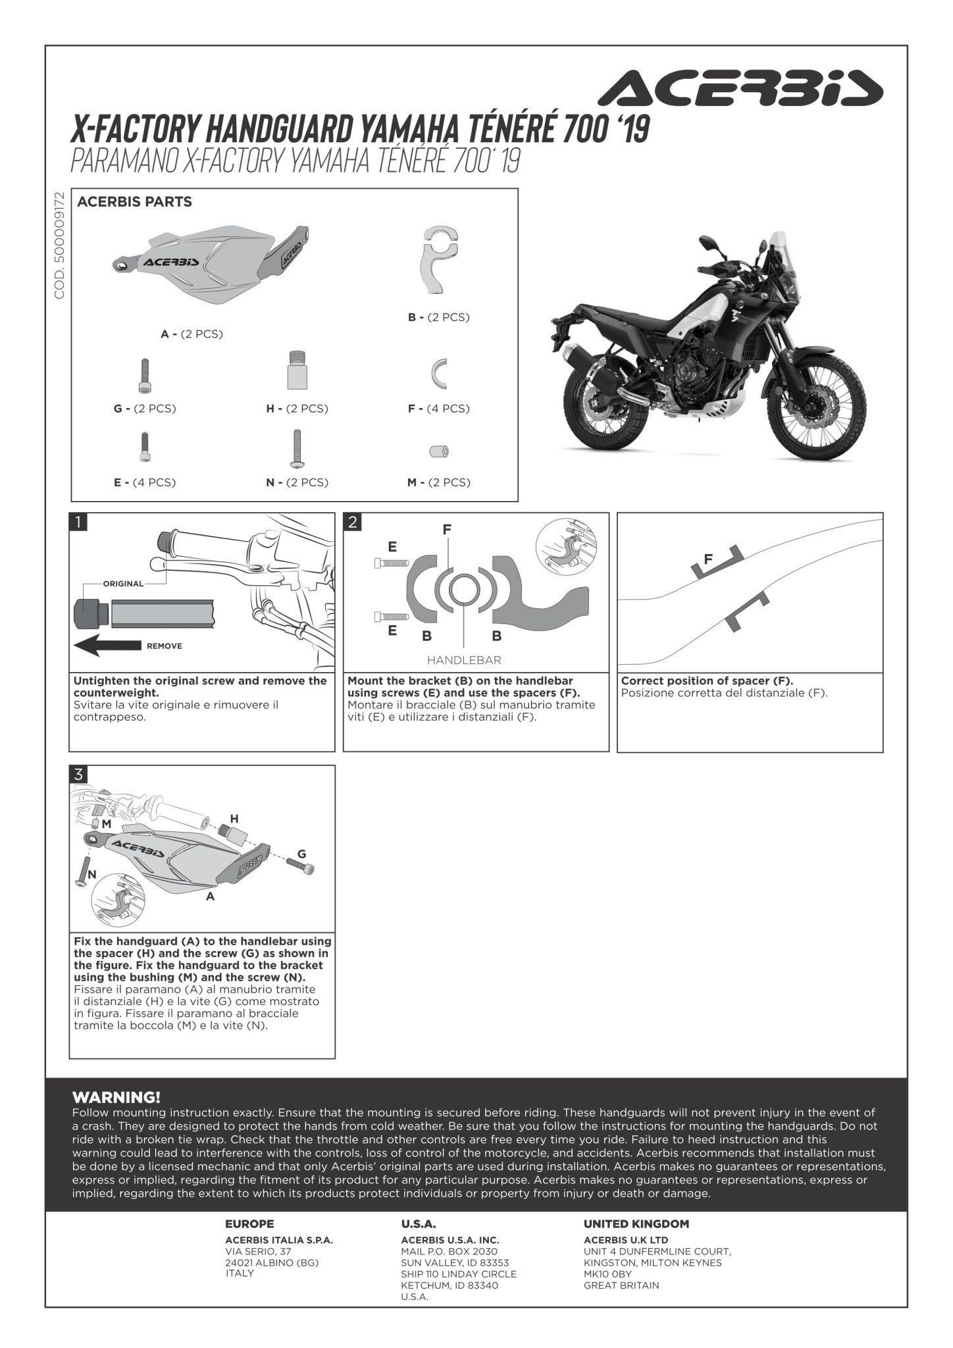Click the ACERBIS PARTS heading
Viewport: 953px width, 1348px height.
134,202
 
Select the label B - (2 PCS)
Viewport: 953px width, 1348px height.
438,317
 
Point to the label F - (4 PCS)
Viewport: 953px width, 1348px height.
438,409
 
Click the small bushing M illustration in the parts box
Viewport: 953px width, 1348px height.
439,451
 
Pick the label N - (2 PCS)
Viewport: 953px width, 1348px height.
297,482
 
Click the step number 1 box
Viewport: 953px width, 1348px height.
78,523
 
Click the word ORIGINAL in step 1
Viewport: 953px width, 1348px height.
123,584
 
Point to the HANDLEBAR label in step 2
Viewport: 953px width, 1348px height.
464,660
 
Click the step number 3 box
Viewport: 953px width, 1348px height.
78,775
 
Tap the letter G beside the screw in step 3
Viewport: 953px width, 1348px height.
301,854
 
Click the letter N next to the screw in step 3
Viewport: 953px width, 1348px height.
92,874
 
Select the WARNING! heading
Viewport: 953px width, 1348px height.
116,1097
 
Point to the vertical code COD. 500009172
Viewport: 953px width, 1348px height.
59,246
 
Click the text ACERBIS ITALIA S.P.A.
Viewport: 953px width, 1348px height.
279,1240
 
